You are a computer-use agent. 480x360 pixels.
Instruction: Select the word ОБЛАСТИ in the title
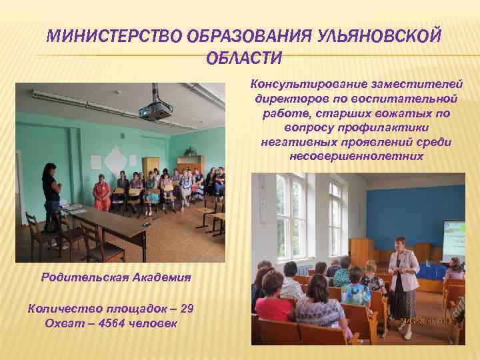tap(244, 59)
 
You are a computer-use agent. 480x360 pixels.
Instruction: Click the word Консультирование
tap(298, 83)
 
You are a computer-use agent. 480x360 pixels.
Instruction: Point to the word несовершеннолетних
tap(357, 156)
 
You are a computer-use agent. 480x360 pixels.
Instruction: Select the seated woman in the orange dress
tap(101, 193)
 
